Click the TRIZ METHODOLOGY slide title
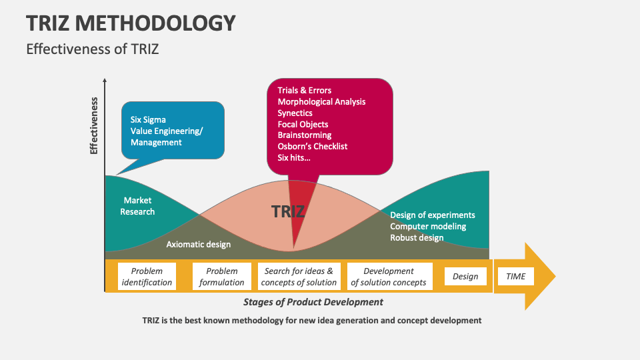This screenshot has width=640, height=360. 131,23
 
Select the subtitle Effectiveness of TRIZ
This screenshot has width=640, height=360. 92,49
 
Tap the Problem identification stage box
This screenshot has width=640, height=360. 147,277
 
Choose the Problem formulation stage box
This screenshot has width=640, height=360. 222,277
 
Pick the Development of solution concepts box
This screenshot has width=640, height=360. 389,277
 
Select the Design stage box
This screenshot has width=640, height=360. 465,276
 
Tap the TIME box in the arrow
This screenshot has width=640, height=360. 515,276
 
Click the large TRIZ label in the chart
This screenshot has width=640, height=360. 288,212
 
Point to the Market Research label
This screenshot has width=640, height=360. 137,206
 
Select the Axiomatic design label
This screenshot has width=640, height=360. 198,244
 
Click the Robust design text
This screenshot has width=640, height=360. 417,237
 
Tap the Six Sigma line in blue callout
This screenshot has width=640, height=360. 148,120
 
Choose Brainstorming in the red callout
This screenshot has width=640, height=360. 304,135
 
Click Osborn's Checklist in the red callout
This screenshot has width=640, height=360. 312,146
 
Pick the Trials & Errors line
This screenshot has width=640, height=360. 304,91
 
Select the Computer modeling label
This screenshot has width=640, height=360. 428,226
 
